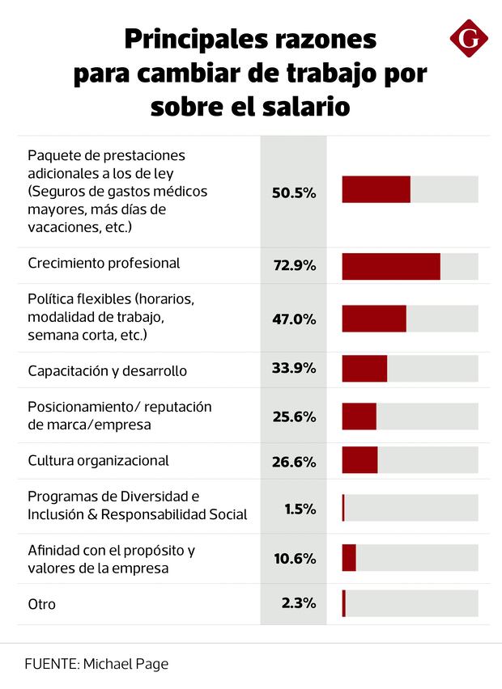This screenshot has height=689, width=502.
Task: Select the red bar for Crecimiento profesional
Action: coord(391,266)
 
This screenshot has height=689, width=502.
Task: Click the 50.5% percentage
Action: coord(293,193)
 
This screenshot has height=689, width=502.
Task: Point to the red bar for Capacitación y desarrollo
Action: coord(364,369)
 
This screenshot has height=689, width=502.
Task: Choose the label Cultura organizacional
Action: coord(98,460)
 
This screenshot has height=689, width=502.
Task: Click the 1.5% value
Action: coord(300,509)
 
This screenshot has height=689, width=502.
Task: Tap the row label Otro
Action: coord(41,603)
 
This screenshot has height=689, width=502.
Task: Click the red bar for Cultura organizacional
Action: coord(359,460)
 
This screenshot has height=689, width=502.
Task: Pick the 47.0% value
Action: coord(293,319)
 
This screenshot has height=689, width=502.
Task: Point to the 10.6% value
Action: coord(295,558)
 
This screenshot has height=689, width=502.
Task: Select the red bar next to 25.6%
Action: coord(359,416)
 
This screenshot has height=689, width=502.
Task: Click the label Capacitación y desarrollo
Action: coord(107,371)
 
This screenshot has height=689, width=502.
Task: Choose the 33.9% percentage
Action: coord(293,369)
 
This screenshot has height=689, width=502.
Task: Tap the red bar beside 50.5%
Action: coord(376,189)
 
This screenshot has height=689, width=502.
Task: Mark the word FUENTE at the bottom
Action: coord(50,663)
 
